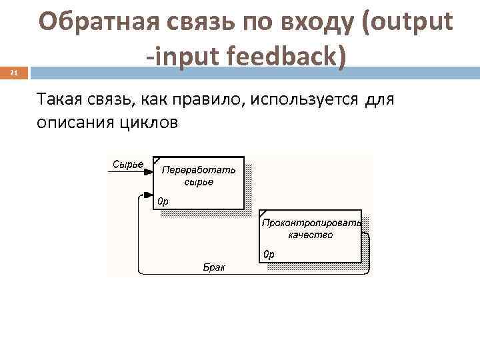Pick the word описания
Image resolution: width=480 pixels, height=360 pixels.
[69, 123]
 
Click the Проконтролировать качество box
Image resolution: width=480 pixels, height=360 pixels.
[311, 237]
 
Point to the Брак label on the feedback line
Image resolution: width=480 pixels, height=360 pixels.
[213, 267]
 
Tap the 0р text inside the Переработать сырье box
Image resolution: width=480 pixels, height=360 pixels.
[163, 201]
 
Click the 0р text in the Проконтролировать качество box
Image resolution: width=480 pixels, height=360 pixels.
[269, 254]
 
